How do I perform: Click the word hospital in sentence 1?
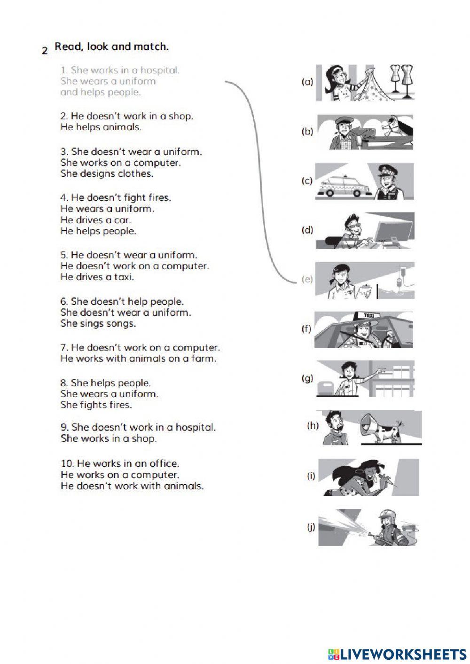coord(160,70)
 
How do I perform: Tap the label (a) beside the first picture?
coord(307,82)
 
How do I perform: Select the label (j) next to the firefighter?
coord(311,527)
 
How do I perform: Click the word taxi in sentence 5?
coord(124,277)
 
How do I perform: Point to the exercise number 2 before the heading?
coord(45,51)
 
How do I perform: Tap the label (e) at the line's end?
coord(307,279)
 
